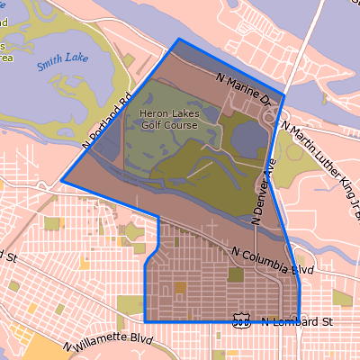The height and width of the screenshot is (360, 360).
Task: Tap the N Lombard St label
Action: tap(297, 321)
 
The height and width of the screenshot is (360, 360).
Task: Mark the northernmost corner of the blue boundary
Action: tap(179, 40)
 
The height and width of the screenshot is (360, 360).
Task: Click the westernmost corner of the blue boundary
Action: tap(62, 181)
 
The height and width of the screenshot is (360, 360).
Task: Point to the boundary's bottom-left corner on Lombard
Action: tap(145, 321)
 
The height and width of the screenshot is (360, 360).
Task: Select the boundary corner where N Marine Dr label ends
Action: tap(284, 94)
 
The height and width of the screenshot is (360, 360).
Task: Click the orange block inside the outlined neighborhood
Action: tap(180, 287)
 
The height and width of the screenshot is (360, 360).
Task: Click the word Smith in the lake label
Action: tap(48, 67)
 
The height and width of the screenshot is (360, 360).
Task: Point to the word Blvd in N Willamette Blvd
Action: tap(136, 340)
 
